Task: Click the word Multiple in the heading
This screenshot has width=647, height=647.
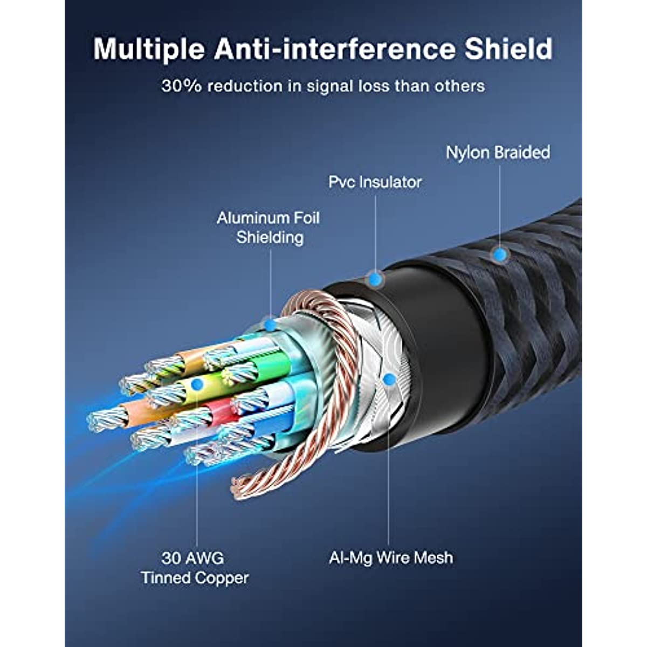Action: coord(149,50)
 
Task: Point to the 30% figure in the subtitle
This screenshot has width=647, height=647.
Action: coord(181,86)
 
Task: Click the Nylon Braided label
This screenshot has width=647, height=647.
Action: coord(498,153)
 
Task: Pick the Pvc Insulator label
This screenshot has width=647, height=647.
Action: coord(375,182)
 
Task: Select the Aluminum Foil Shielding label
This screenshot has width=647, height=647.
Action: coord(269,228)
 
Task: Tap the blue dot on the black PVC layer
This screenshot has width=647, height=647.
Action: coord(376,278)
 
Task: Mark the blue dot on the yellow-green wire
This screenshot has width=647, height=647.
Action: coord(197,384)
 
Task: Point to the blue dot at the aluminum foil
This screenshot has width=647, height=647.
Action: coord(270,325)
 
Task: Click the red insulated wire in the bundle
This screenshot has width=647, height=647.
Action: coord(220,411)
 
